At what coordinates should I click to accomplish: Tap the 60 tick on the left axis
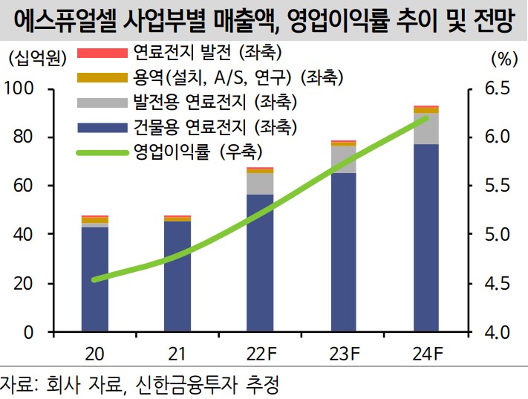[x=27, y=186]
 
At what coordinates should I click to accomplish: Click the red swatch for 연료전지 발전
[x=102, y=53]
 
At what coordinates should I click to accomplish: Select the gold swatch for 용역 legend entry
[x=102, y=77]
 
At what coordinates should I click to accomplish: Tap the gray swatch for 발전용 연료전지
[x=102, y=102]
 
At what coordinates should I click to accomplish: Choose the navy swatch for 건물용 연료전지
[x=102, y=126]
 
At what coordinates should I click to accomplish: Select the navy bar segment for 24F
[x=426, y=238]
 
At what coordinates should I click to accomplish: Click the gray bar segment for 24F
[x=426, y=129]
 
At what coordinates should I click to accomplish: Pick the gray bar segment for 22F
[x=261, y=184]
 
